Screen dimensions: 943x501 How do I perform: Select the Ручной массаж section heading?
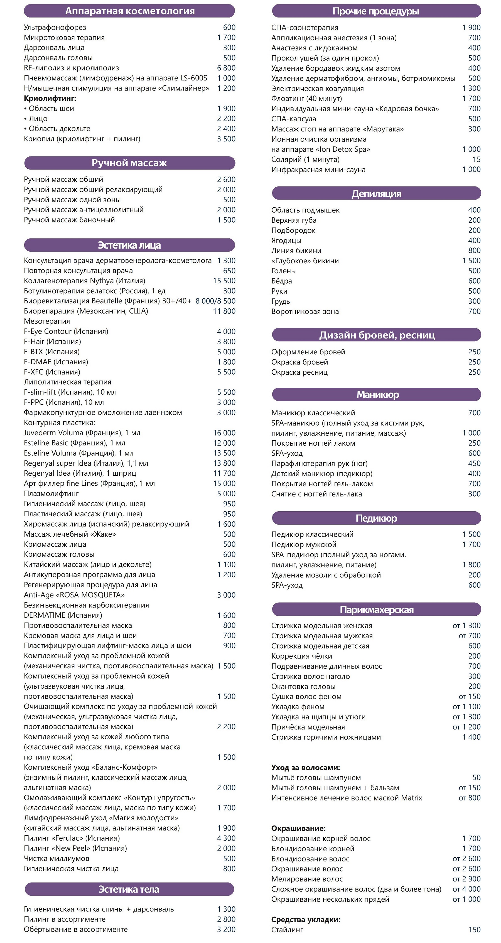point(129,163)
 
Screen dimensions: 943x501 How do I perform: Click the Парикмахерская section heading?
point(376,610)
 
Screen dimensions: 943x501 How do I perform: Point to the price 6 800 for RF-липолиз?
point(226,68)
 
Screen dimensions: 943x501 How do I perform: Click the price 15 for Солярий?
point(476,159)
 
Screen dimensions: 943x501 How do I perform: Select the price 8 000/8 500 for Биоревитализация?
point(215,301)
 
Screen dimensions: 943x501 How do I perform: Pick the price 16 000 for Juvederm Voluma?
point(224,433)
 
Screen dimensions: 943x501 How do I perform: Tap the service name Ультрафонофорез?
point(55,28)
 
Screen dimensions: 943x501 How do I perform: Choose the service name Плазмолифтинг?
point(51,493)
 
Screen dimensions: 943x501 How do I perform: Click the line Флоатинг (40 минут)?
point(307,99)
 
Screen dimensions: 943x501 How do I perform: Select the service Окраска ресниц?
point(299,372)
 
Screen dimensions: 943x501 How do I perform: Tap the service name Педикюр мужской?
point(304,544)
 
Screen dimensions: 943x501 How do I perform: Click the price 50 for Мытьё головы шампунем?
point(476,778)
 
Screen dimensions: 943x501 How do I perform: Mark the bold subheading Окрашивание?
point(298,828)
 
